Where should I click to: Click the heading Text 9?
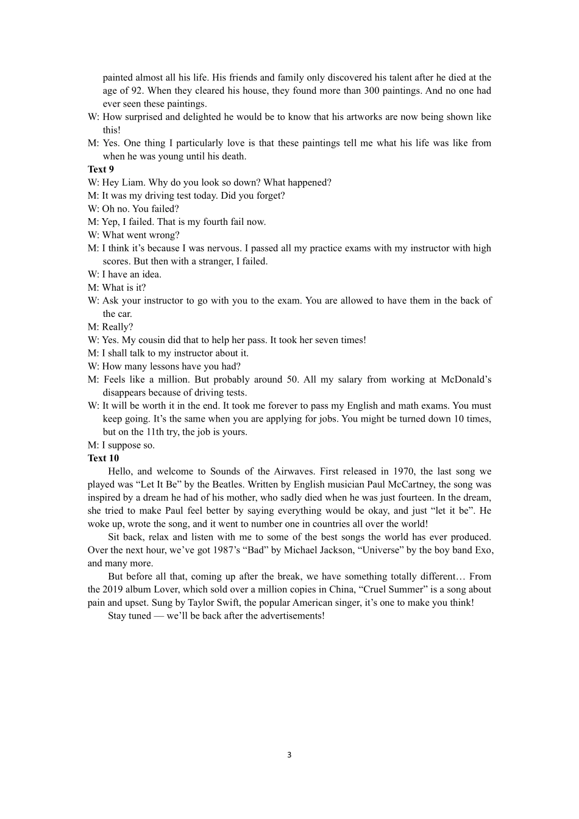click(101, 169)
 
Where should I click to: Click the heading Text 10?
click(103, 458)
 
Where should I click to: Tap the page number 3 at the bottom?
click(289, 755)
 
